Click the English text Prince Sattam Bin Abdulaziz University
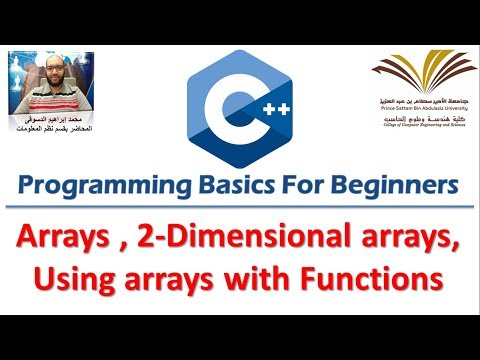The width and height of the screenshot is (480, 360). tap(424, 108)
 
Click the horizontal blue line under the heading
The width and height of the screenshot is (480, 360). tap(240, 207)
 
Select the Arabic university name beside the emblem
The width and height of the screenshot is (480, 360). tap(425, 98)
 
